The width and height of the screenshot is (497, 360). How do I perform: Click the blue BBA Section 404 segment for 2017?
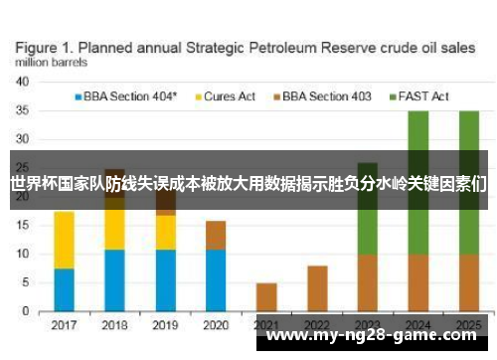pos(64,289)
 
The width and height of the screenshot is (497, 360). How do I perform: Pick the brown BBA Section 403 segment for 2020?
pos(216,235)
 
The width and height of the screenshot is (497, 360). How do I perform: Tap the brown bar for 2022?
pos(317,288)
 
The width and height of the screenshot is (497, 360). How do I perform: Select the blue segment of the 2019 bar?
pos(165,279)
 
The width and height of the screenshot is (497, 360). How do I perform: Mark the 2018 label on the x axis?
pos(114,325)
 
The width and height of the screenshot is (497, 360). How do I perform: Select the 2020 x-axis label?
pos(216,325)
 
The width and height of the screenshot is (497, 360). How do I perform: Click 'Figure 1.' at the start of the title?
pos(45,46)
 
